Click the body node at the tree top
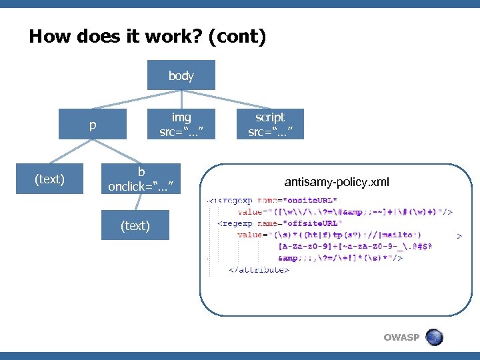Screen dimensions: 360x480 tap(181, 75)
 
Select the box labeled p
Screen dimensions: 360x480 tap(92, 124)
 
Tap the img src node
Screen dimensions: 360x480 tap(181, 124)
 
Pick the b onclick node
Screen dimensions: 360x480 tap(141, 179)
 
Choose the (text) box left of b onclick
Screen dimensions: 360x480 tap(49, 179)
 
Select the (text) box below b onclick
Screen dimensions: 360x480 tap(135, 225)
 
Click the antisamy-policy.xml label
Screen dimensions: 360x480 tap(337, 182)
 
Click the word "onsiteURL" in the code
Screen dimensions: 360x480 tap(313, 200)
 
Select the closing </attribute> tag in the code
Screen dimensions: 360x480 tap(259, 270)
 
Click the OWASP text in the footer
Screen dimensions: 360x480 tap(401, 337)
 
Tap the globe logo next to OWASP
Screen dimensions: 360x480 tap(434, 337)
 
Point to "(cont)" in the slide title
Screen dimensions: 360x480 tap(237, 37)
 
